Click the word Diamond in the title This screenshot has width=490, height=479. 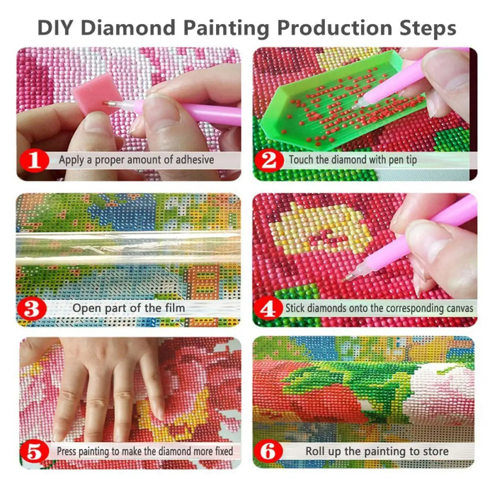click(129, 28)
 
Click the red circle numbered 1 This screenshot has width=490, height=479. click(35, 161)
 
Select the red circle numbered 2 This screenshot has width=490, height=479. click(269, 161)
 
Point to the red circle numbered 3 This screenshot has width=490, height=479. click(32, 308)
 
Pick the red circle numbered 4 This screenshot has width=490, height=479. click(268, 308)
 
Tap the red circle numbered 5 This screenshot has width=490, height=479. click(34, 451)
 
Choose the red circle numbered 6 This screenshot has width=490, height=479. click(268, 451)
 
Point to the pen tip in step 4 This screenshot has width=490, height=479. click(346, 279)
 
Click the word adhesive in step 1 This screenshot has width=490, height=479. click(195, 160)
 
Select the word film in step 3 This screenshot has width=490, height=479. click(176, 308)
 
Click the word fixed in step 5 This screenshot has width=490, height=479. click(224, 451)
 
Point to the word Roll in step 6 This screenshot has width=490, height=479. click(315, 451)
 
